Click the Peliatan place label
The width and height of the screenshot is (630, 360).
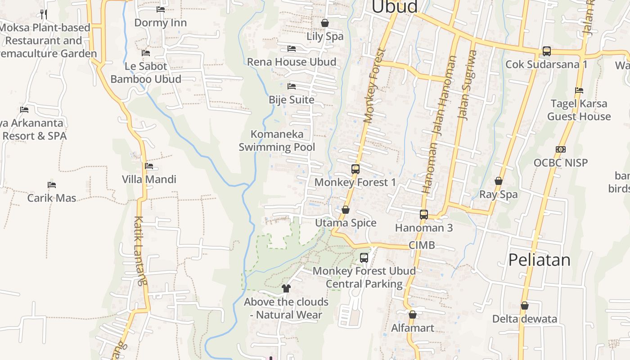pos(539,260)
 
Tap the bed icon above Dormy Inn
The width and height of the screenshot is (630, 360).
pos(161,9)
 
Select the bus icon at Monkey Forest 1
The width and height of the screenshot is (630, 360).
pos(355,169)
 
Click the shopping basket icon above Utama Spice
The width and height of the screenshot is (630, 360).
pos(346,210)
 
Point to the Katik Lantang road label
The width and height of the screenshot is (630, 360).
pos(140,251)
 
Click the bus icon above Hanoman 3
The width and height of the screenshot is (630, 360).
pos(424,215)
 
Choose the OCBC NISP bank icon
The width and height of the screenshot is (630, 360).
pos(561,149)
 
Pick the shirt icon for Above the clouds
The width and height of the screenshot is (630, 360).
pos(286,288)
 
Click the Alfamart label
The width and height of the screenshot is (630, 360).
pos(413,328)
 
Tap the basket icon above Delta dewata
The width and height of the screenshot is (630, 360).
pos(524,306)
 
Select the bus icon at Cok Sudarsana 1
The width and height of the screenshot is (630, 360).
pos(546,51)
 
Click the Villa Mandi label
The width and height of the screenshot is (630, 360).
pos(149,180)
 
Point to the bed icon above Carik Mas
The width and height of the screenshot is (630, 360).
pos(52,185)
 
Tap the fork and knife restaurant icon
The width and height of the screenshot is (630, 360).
pos(44,14)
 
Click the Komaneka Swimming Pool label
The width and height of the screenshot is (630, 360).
pos(277,140)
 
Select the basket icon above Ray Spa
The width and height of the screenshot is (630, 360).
pos(499,181)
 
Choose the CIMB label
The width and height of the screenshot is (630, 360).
pos(422,245)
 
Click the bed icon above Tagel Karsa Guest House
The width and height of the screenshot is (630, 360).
pos(579,90)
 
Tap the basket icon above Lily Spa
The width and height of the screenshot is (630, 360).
pos(325,23)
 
